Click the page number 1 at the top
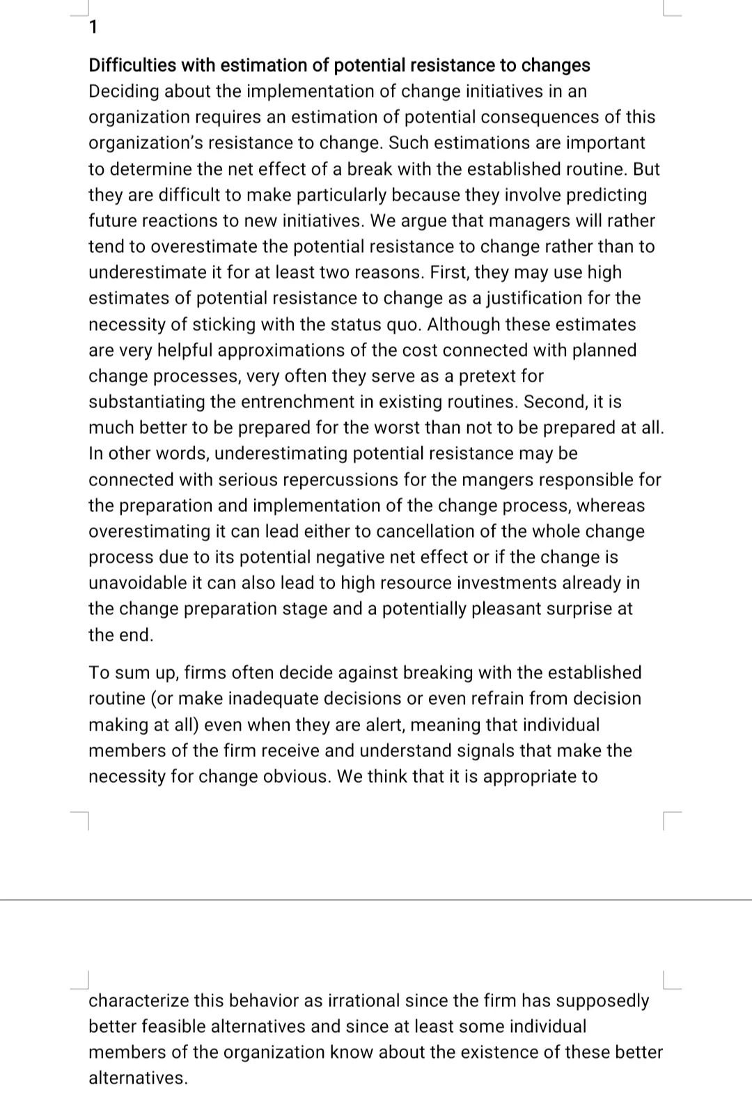[94, 28]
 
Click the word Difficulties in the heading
[132, 65]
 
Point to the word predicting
[606, 195]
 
